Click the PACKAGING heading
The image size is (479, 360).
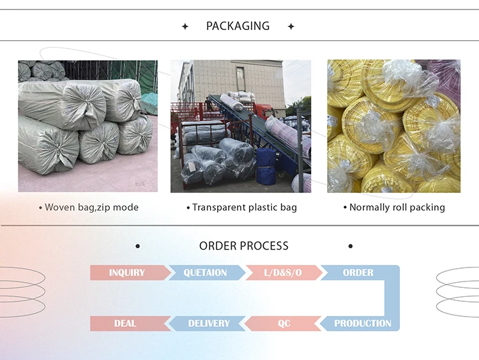(x=238, y=26)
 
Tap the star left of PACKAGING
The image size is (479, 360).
(x=185, y=27)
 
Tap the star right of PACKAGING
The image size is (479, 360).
(x=291, y=27)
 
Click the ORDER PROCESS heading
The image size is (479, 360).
(x=243, y=246)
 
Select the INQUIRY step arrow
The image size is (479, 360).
(x=127, y=273)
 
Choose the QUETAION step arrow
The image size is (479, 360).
(x=205, y=273)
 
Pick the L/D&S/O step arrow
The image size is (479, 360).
(x=283, y=273)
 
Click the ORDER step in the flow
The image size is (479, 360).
(x=358, y=273)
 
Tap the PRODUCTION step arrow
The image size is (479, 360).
(x=362, y=323)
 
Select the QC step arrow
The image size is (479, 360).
(x=284, y=323)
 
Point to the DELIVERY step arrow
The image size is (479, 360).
(x=208, y=323)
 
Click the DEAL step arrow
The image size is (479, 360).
(x=125, y=323)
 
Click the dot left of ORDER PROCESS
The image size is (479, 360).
(x=137, y=246)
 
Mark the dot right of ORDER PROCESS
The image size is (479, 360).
(x=350, y=246)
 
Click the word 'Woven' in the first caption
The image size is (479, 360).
(x=60, y=207)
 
